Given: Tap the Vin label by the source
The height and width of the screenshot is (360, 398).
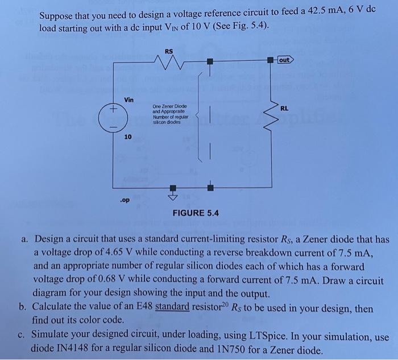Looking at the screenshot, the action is tap(128, 99).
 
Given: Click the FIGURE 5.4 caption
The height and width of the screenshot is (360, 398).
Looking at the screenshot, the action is tap(196, 213).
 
